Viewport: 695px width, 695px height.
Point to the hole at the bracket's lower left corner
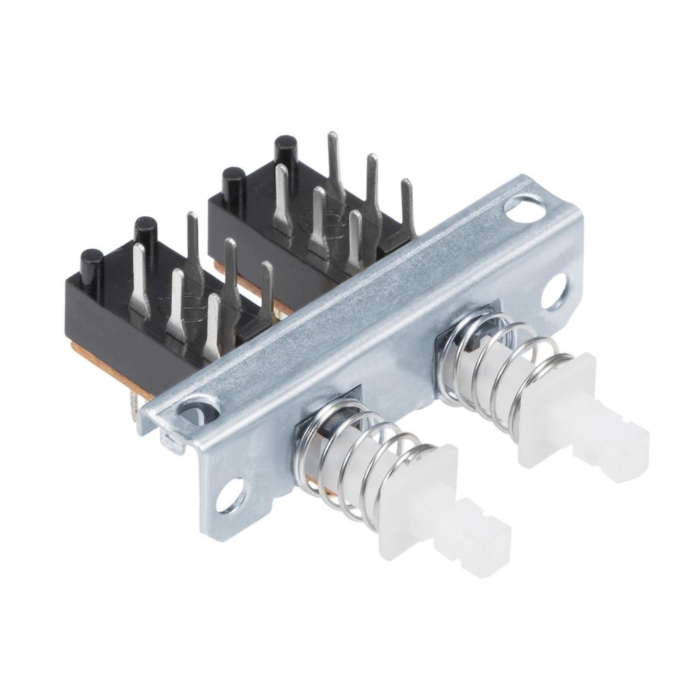230,498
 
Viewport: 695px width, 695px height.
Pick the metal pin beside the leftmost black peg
139,278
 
